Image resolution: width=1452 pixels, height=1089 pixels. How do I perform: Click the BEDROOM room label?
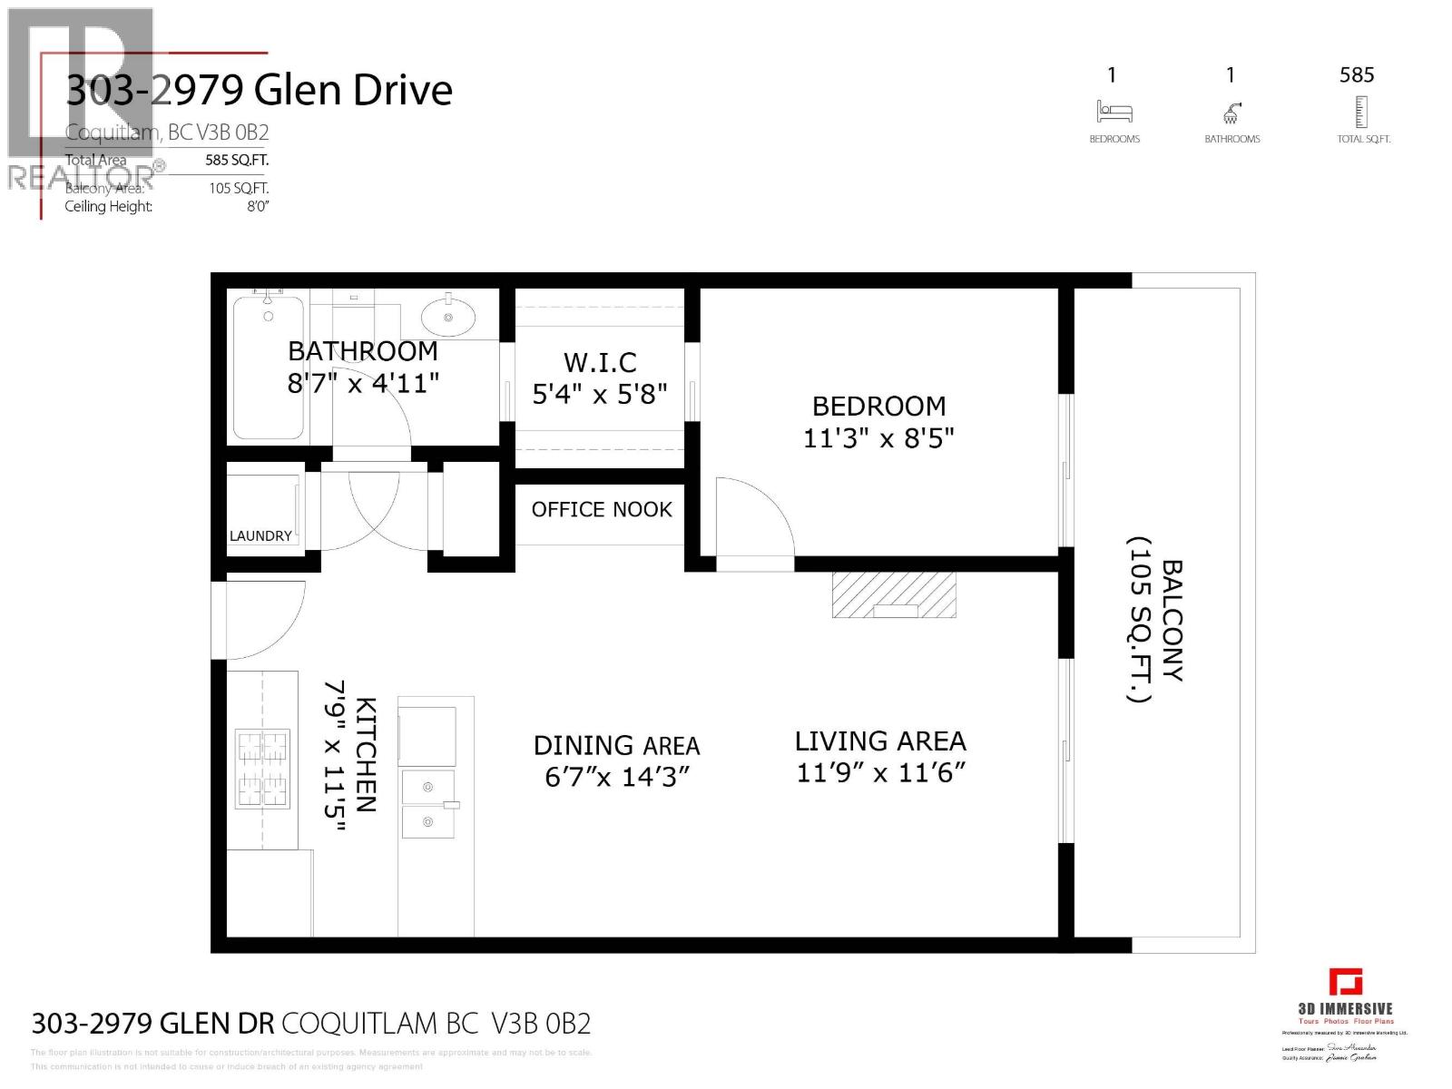878,406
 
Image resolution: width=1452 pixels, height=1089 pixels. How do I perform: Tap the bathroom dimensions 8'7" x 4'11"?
363,383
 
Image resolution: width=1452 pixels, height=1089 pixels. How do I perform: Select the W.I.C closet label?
600,363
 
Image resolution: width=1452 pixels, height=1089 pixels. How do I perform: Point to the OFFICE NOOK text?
602,510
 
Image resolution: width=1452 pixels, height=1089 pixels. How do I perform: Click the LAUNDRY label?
260,536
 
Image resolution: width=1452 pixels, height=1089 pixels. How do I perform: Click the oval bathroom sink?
447,318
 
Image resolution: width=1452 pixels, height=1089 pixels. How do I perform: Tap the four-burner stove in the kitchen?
263,769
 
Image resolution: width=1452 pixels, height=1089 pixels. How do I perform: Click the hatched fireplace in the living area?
894,595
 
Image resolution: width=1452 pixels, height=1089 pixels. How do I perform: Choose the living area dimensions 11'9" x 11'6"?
880,773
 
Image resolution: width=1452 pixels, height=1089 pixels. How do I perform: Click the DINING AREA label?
616,746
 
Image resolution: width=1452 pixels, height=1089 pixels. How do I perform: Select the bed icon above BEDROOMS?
1114,113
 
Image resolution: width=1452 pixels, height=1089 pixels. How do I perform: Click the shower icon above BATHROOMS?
1231,113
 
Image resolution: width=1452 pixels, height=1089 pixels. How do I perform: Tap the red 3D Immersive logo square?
1346,983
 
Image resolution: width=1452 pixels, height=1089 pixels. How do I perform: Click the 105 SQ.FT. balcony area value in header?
239,189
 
